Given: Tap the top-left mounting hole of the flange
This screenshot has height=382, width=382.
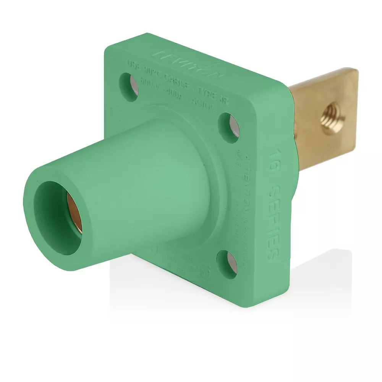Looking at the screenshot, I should [129, 87].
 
